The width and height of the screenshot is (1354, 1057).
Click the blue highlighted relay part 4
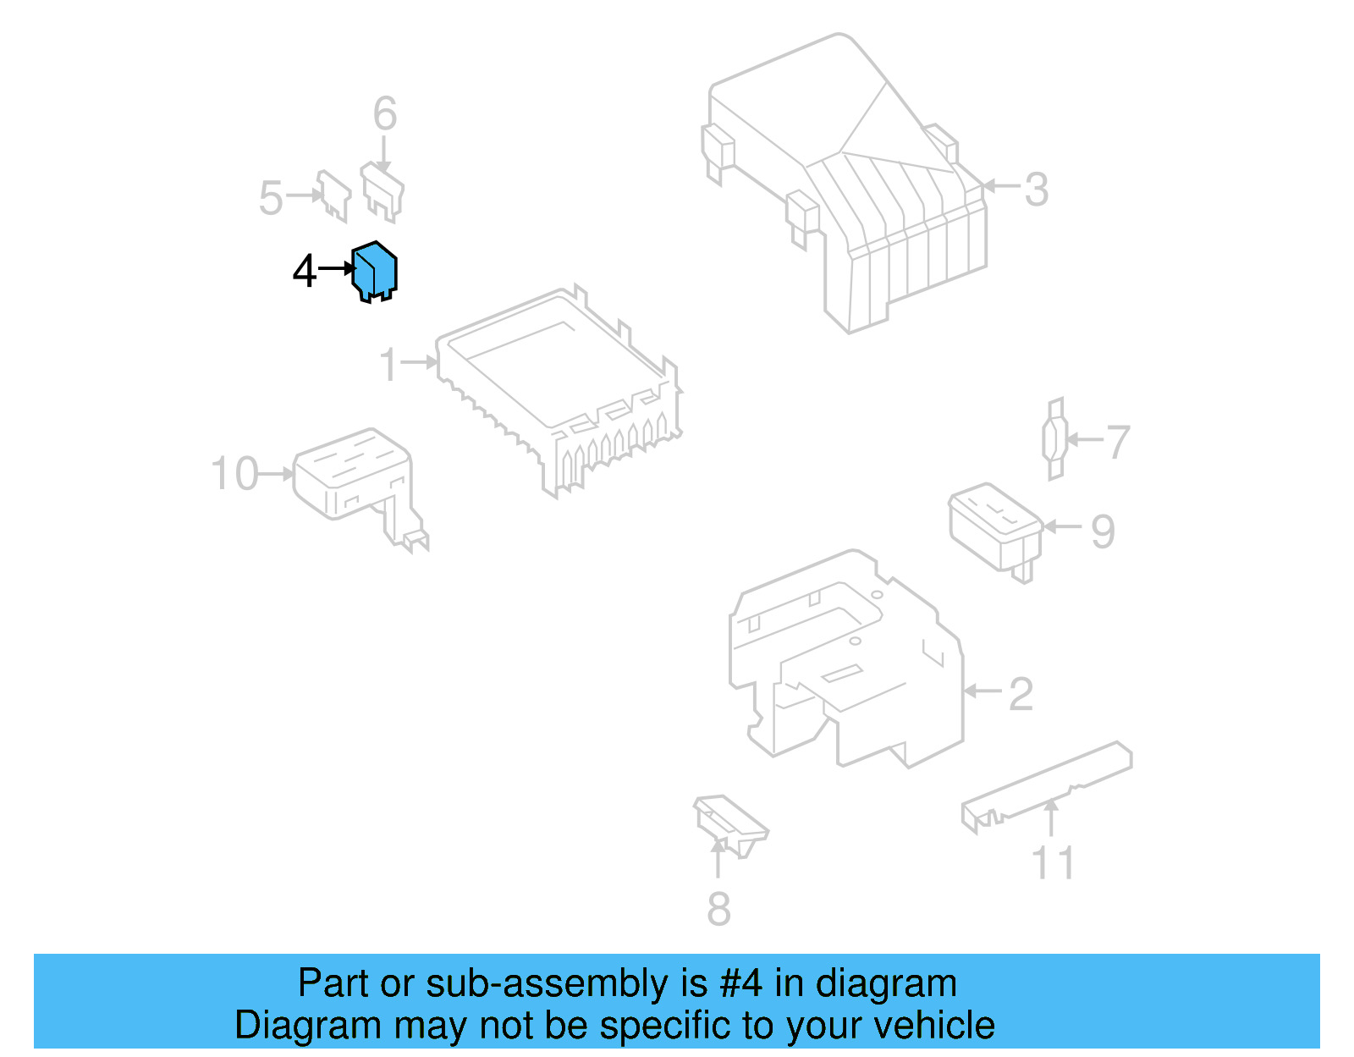(x=375, y=272)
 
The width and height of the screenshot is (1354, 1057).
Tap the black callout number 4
(x=304, y=272)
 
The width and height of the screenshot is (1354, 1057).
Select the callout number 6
(x=385, y=113)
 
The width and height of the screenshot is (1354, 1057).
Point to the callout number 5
(x=271, y=198)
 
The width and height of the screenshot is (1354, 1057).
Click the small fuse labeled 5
(x=333, y=195)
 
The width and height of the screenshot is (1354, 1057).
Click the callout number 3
(x=1036, y=190)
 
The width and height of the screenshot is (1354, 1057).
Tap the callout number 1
(x=388, y=365)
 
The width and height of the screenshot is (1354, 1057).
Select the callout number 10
(x=234, y=474)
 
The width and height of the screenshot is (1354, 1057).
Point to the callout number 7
(x=1118, y=442)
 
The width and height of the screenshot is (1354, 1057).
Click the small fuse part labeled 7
(x=1054, y=439)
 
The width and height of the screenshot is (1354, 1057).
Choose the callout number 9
(x=1103, y=531)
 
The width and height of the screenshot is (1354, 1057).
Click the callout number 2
(x=1021, y=694)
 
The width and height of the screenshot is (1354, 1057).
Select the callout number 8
(x=718, y=910)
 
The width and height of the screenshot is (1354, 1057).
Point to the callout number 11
(x=1053, y=863)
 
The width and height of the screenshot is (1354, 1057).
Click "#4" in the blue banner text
(x=740, y=983)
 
